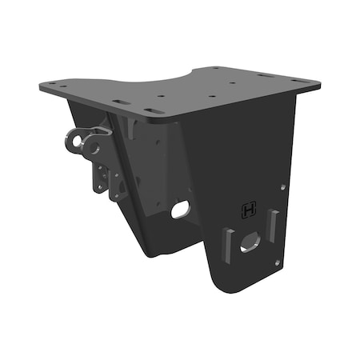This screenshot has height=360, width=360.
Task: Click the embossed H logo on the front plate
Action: pyautogui.click(x=249, y=210)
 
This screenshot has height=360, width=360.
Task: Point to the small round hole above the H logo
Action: pyautogui.click(x=282, y=188)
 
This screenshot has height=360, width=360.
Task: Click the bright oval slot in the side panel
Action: pyautogui.click(x=181, y=209)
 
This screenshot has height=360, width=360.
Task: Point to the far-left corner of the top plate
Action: pyautogui.click(x=41, y=84)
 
